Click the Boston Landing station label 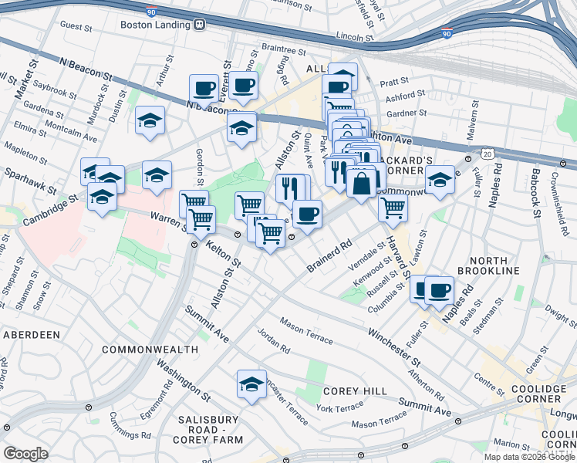pyautogui.click(x=154, y=24)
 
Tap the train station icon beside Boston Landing pyautogui.click(x=199, y=24)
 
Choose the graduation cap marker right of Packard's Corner pyautogui.click(x=440, y=180)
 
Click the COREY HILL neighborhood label pyautogui.click(x=356, y=391)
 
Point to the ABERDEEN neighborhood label pyautogui.click(x=32, y=335)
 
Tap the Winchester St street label pyautogui.click(x=393, y=346)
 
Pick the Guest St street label pyautogui.click(x=76, y=25)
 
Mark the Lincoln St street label pyautogui.click(x=355, y=35)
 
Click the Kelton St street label pyautogui.click(x=224, y=253)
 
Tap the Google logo pyautogui.click(x=25, y=454)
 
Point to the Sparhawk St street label pyautogui.click(x=24, y=176)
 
